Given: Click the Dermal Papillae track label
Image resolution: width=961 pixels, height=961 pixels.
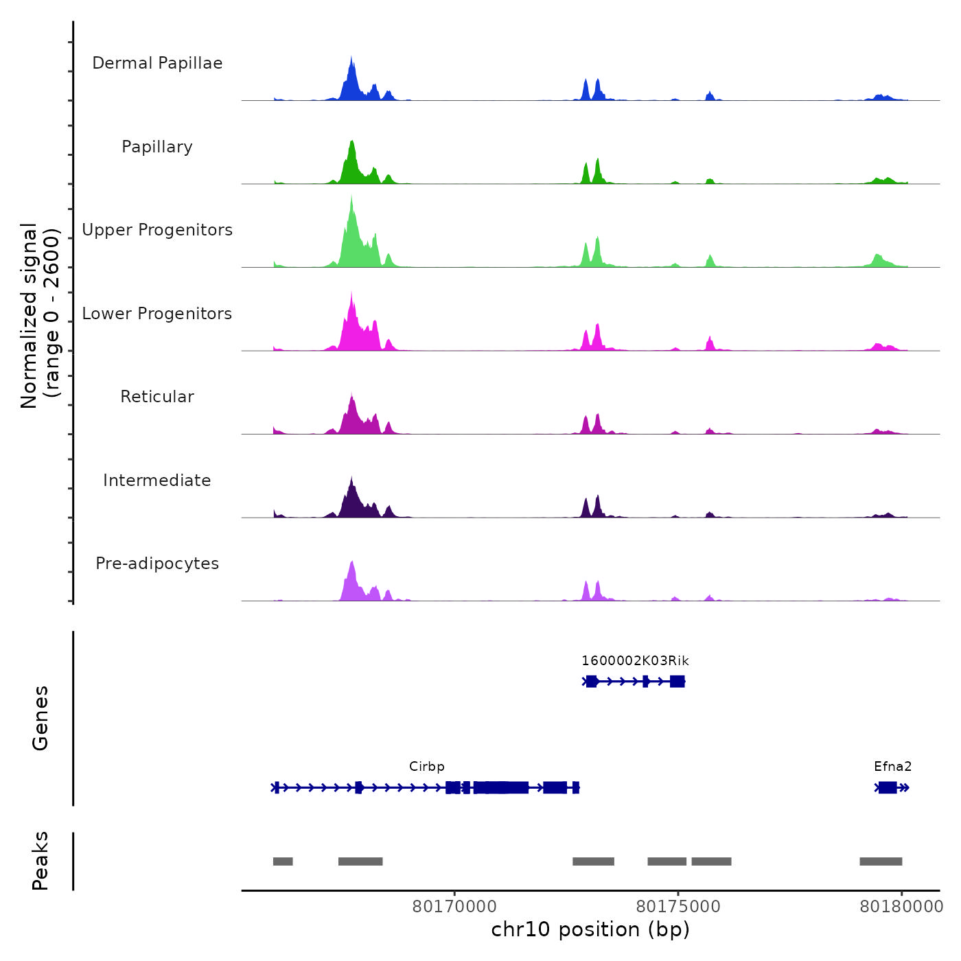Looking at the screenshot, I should [x=157, y=63].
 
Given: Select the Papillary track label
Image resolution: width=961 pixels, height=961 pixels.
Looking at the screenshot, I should [x=157, y=147].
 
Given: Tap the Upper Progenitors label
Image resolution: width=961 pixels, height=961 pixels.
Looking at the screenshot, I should [x=157, y=230].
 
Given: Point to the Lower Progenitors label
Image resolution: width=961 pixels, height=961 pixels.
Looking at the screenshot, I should [x=157, y=314].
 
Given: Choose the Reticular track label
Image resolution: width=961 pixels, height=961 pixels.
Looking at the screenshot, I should [x=157, y=397].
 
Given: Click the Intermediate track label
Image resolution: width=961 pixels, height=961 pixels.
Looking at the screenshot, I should [x=157, y=480].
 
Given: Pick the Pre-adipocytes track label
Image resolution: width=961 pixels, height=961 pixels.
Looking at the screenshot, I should [x=157, y=564].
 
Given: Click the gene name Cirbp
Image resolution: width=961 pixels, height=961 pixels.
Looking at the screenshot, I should [x=427, y=767].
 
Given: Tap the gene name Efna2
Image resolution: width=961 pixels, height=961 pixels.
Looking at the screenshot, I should [x=893, y=767].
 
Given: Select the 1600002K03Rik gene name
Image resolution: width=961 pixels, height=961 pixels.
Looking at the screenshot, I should [x=635, y=661].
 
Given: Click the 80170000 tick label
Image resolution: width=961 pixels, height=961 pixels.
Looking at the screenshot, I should [x=454, y=907].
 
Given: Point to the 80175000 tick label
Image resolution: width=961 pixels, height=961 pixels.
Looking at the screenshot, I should [x=678, y=907].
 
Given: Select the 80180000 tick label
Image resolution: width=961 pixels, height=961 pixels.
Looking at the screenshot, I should [x=902, y=907].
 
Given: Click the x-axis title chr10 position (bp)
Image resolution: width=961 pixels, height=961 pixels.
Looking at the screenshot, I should [x=590, y=929].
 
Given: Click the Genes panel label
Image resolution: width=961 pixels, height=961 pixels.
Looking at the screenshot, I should [x=40, y=718].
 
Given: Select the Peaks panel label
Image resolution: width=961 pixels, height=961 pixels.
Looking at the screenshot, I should [x=40, y=861].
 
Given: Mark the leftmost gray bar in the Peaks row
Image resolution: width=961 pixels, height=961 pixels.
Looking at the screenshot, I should [x=283, y=861].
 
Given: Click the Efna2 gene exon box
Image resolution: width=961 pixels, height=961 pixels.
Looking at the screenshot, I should [x=888, y=787].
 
